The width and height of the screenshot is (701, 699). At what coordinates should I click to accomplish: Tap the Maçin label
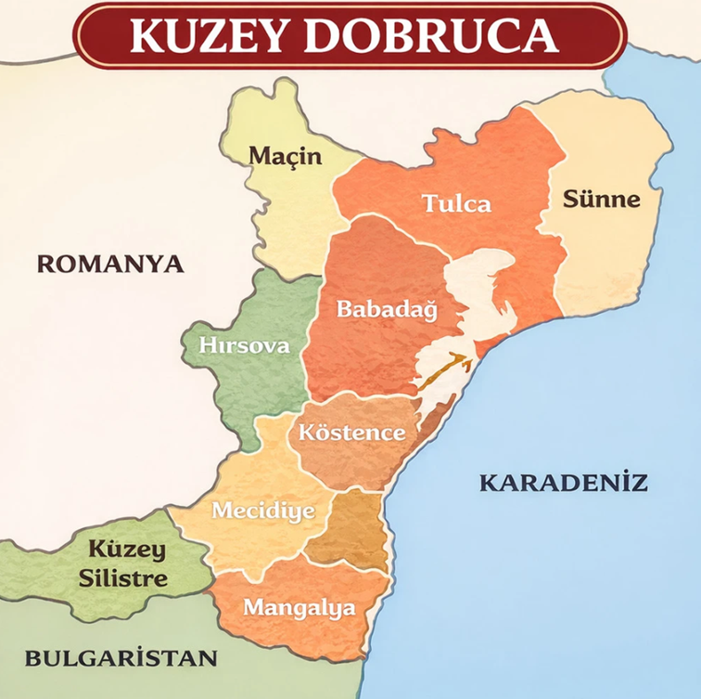pyautogui.click(x=285, y=156)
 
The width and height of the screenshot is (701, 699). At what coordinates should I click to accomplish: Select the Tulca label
pyautogui.click(x=456, y=203)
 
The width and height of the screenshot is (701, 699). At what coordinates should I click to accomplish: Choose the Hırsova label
pyautogui.click(x=244, y=346)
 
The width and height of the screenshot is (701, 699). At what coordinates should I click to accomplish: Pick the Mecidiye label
pyautogui.click(x=263, y=511)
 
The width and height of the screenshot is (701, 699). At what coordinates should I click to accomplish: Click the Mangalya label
pyautogui.click(x=299, y=608)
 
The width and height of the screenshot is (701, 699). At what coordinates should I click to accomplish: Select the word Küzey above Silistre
pyautogui.click(x=125, y=550)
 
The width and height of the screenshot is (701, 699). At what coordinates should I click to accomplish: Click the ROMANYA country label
pyautogui.click(x=110, y=264)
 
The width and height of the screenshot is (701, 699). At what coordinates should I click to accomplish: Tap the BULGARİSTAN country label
pyautogui.click(x=121, y=659)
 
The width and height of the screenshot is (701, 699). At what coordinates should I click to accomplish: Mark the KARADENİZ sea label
pyautogui.click(x=563, y=483)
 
